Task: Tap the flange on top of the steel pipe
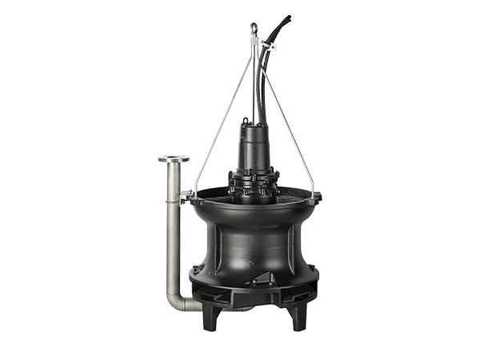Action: (x=174, y=158)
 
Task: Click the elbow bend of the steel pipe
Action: (x=177, y=302)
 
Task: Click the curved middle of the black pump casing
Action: (x=254, y=240)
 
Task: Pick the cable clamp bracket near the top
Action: (x=266, y=47)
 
